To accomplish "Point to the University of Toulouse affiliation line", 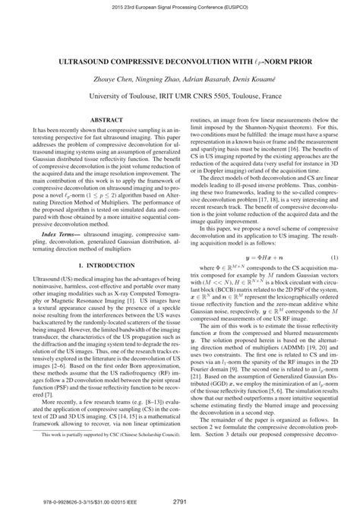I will pyautogui.click(x=179, y=96).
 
